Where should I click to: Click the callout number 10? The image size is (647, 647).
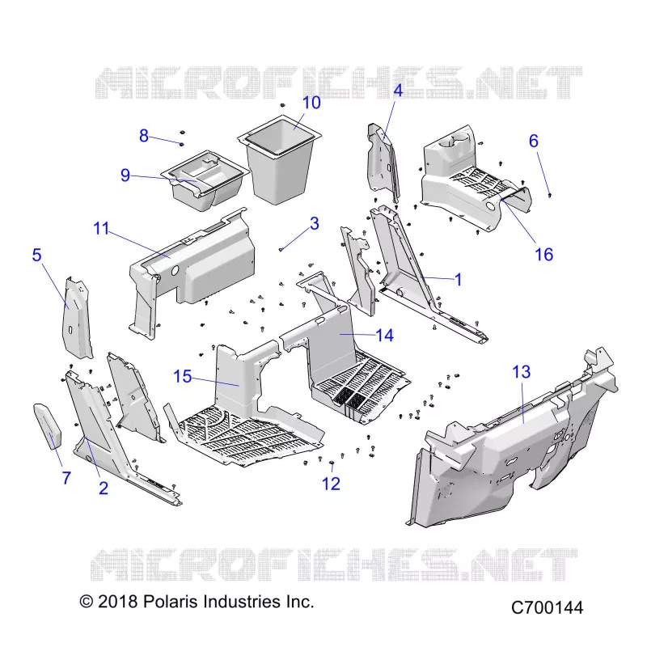tap(311, 103)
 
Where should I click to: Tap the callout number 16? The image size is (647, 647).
tap(543, 254)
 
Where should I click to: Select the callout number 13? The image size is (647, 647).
tap(521, 372)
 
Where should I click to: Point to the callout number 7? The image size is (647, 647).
tap(66, 478)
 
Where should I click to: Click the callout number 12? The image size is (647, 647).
tap(331, 484)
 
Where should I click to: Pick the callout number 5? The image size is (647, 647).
tap(36, 255)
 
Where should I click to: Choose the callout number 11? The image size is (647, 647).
tap(102, 228)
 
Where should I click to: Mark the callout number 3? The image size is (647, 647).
tap(315, 223)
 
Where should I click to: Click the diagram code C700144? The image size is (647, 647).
tap(548, 608)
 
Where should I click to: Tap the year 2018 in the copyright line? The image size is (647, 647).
tap(117, 602)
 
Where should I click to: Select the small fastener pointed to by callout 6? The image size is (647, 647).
tap(550, 195)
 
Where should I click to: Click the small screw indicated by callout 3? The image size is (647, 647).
tap(281, 249)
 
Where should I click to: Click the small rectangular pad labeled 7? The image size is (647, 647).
tap(48, 426)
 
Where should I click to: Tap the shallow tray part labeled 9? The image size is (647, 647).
tap(205, 181)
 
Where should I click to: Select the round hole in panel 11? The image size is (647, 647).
tap(174, 271)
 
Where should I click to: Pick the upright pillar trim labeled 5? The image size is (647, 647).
tap(77, 318)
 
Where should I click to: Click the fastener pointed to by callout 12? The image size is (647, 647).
tap(332, 463)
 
